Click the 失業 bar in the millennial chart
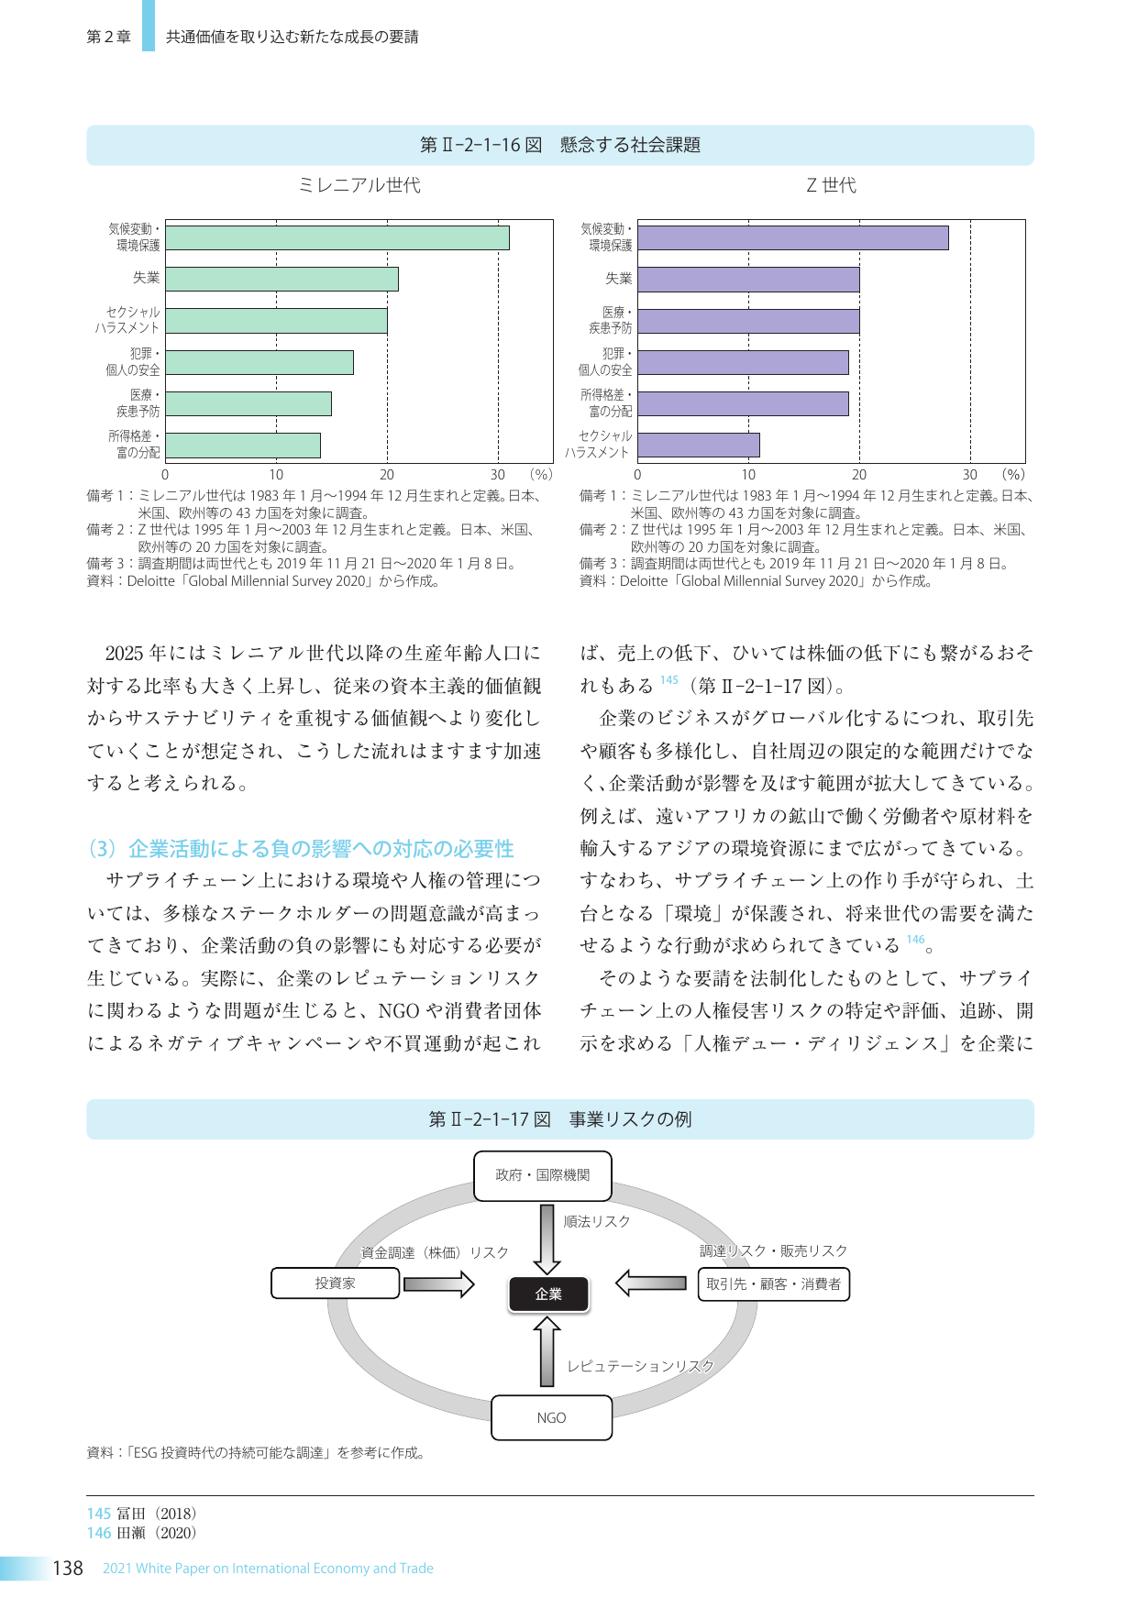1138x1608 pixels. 282,279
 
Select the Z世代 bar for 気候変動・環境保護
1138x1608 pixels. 792,237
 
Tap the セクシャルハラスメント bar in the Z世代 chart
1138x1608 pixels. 698,446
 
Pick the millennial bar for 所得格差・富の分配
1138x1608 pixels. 243,446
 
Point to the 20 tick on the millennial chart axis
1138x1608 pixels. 387,475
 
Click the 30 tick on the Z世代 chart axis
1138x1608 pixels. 970,475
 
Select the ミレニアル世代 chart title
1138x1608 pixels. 359,185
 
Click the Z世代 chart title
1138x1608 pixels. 831,185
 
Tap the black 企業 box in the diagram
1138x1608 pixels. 548,1294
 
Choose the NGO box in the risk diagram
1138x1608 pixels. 551,1417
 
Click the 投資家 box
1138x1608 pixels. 335,1283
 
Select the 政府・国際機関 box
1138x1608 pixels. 542,1175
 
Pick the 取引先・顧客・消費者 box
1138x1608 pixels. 773,1284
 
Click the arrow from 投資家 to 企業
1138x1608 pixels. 438,1283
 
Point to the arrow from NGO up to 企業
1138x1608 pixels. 547,1351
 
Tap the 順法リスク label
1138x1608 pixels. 597,1222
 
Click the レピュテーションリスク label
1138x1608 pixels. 640,1366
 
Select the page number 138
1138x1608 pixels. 68,1569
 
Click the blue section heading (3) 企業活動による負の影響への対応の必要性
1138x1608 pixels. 301,849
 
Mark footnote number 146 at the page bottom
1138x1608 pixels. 99,1533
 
